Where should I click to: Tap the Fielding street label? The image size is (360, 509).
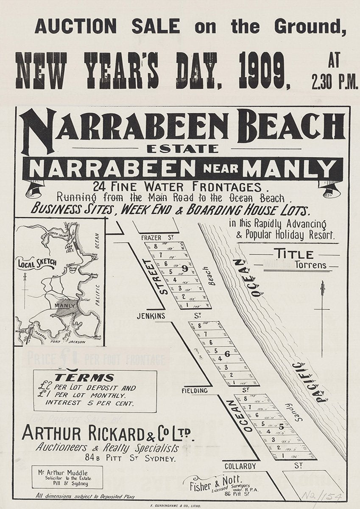click(195, 391)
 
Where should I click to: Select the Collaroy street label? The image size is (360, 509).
click(240, 466)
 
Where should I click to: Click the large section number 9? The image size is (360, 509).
click(184, 268)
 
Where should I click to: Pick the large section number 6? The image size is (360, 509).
click(227, 353)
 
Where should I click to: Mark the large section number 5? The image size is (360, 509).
click(281, 427)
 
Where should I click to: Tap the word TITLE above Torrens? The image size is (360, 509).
click(294, 254)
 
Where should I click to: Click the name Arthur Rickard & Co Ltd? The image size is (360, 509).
click(108, 433)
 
